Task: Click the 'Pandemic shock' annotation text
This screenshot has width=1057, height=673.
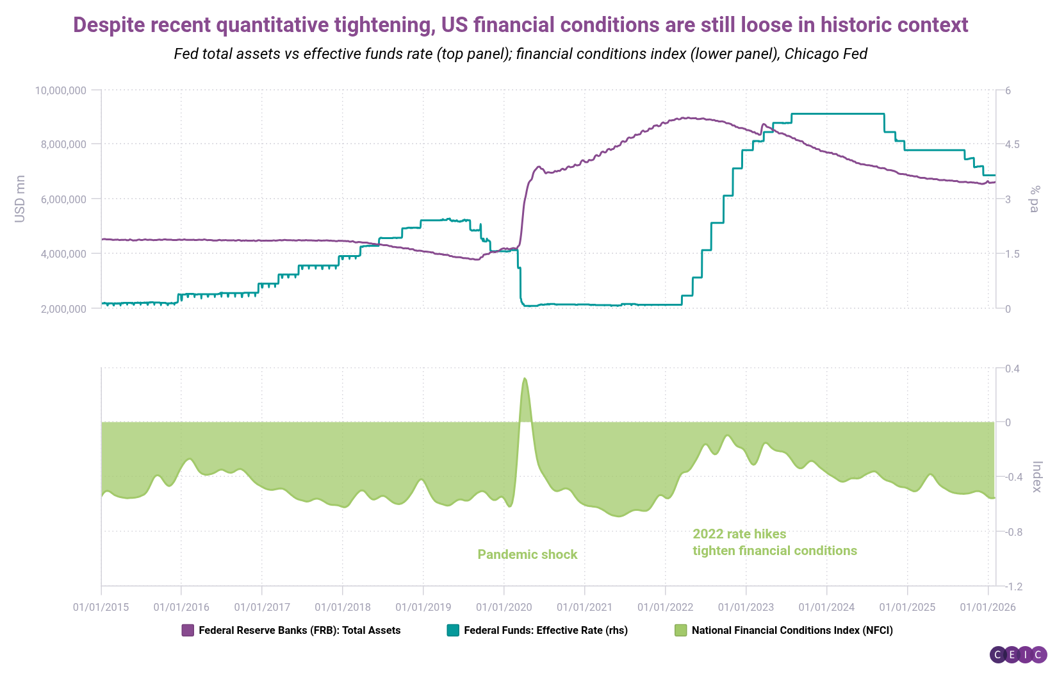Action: [x=527, y=554]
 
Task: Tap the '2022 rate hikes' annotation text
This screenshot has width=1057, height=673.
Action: [x=739, y=534]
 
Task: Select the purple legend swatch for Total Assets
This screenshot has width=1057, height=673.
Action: [x=188, y=630]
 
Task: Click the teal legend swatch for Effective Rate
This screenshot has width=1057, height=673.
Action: [x=453, y=630]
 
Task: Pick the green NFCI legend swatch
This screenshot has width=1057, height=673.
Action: [x=680, y=630]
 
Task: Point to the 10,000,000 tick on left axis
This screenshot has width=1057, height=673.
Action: [x=60, y=90]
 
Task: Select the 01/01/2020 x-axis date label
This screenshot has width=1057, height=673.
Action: [x=504, y=607]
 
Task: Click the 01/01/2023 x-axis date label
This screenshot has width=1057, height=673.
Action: [x=746, y=607]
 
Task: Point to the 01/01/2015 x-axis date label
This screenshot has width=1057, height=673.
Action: [x=101, y=607]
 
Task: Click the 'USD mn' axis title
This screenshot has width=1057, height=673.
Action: [x=20, y=199]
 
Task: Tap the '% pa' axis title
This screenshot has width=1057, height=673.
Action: [x=1033, y=199]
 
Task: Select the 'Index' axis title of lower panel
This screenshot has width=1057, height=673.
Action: [x=1037, y=477]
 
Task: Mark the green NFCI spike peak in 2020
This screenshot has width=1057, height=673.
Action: [x=525, y=379]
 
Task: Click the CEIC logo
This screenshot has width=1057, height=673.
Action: [x=1018, y=654]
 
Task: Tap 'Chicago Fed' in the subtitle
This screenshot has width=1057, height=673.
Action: [x=826, y=54]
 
